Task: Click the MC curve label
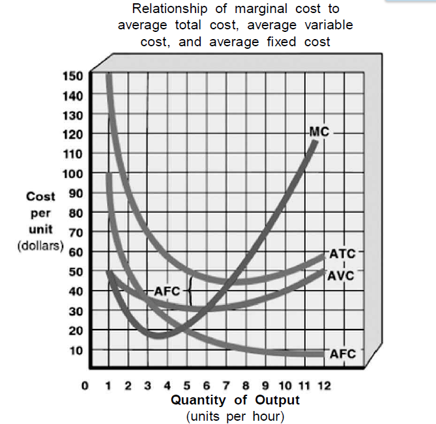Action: [x=318, y=132]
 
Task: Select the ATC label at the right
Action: [x=342, y=253]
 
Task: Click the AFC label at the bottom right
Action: [x=343, y=354]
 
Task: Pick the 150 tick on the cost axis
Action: [x=73, y=76]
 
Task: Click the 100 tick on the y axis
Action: [x=73, y=173]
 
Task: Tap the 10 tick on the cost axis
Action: [x=76, y=350]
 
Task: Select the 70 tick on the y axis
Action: [x=76, y=232]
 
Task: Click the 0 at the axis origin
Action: [x=85, y=386]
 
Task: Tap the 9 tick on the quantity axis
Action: [x=267, y=386]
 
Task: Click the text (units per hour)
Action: [x=235, y=415]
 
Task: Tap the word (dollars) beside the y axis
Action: [x=40, y=247]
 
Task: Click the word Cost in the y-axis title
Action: [x=40, y=196]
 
